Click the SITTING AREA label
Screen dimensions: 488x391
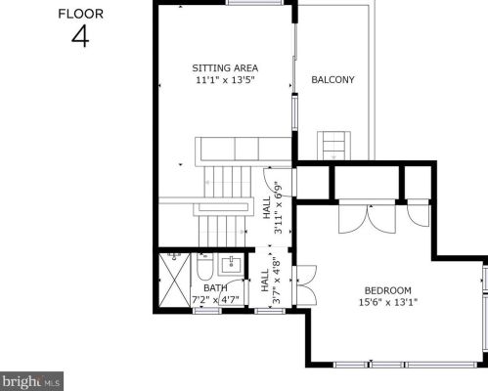225,68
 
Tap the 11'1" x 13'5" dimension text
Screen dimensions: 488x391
225,80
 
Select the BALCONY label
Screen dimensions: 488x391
333,80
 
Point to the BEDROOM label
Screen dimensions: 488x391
387,290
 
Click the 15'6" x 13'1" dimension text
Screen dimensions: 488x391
388,302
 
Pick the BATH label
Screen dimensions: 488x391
215,288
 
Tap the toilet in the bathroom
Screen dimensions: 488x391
204,267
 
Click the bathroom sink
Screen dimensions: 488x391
232,265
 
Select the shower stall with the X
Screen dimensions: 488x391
174,281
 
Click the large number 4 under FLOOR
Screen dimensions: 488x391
80,36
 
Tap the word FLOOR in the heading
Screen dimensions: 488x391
80,14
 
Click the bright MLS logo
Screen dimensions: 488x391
31,381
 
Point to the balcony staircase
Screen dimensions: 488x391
334,146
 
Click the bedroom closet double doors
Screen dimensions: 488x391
368,217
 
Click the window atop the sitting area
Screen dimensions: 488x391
255,3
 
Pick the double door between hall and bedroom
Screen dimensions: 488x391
305,285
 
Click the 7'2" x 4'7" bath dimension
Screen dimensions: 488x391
215,299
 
